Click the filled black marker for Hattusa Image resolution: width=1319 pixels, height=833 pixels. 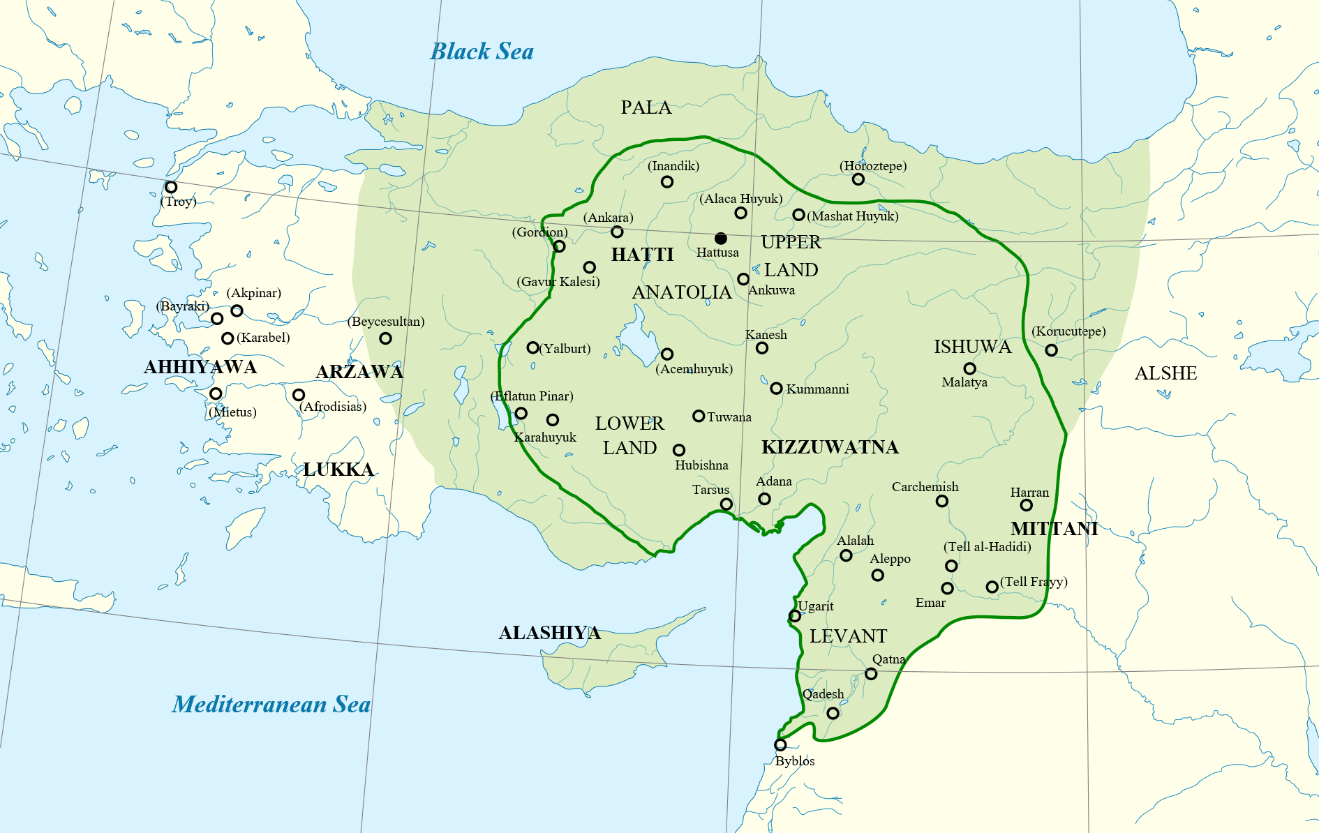click(721, 239)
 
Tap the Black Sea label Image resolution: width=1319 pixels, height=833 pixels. click(482, 52)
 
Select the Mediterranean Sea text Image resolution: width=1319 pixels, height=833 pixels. click(271, 705)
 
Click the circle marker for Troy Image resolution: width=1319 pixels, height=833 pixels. click(171, 187)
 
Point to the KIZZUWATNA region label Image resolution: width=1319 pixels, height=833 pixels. click(830, 447)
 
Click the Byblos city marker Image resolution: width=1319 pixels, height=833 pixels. click(780, 745)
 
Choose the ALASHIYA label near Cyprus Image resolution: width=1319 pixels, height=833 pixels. click(549, 633)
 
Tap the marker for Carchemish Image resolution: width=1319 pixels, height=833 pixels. click(942, 501)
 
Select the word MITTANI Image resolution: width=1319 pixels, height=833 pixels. click(1054, 529)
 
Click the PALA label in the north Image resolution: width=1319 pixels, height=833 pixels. click(646, 107)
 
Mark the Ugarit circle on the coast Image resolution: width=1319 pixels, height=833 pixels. click(795, 615)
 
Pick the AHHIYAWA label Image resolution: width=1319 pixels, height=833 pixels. click(200, 367)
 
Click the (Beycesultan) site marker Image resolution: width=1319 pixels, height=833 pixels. click(385, 338)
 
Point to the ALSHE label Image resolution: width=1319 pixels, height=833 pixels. click(1165, 374)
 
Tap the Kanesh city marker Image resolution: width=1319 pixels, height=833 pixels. click(762, 348)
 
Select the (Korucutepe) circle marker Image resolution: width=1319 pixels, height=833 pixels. click(1052, 350)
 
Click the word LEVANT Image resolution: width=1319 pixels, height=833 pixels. click(848, 636)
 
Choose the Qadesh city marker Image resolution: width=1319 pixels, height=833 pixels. click(833, 713)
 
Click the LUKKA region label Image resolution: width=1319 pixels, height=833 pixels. click(338, 470)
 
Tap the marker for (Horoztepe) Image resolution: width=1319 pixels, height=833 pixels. click(858, 179)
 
